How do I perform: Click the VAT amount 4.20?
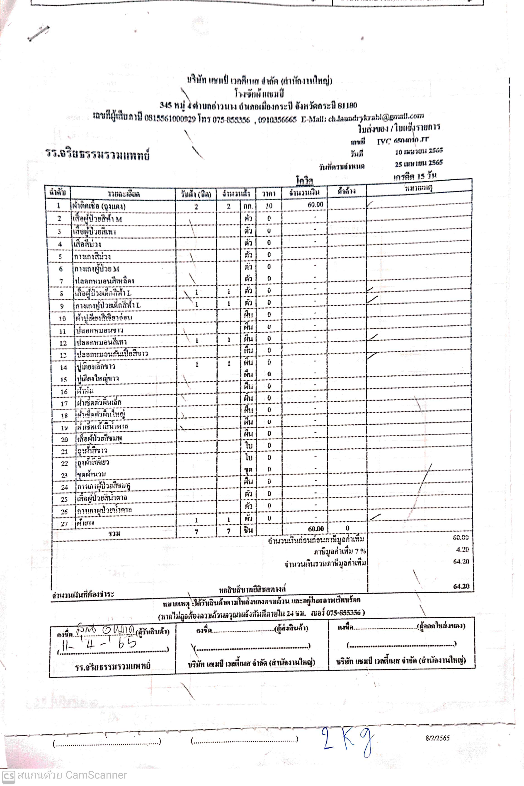coord(462,549)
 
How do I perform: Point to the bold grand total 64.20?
coord(461,586)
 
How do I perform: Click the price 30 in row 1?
coord(269,206)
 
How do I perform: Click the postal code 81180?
coord(347,106)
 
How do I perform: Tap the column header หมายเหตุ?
coord(418,188)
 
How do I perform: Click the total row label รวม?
coord(114,533)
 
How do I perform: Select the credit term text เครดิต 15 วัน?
coord(415,176)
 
